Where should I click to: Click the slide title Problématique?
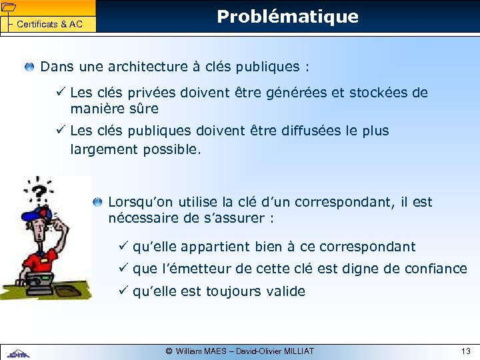[x=287, y=17]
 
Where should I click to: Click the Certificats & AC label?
[x=49, y=25]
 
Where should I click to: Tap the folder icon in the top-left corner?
[x=8, y=7]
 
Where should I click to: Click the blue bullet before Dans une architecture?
[x=30, y=67]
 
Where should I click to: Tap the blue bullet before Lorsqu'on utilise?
[x=98, y=201]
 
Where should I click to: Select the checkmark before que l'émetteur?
[x=123, y=269]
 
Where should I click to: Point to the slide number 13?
[x=465, y=351]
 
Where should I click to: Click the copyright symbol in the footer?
[x=169, y=351]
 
